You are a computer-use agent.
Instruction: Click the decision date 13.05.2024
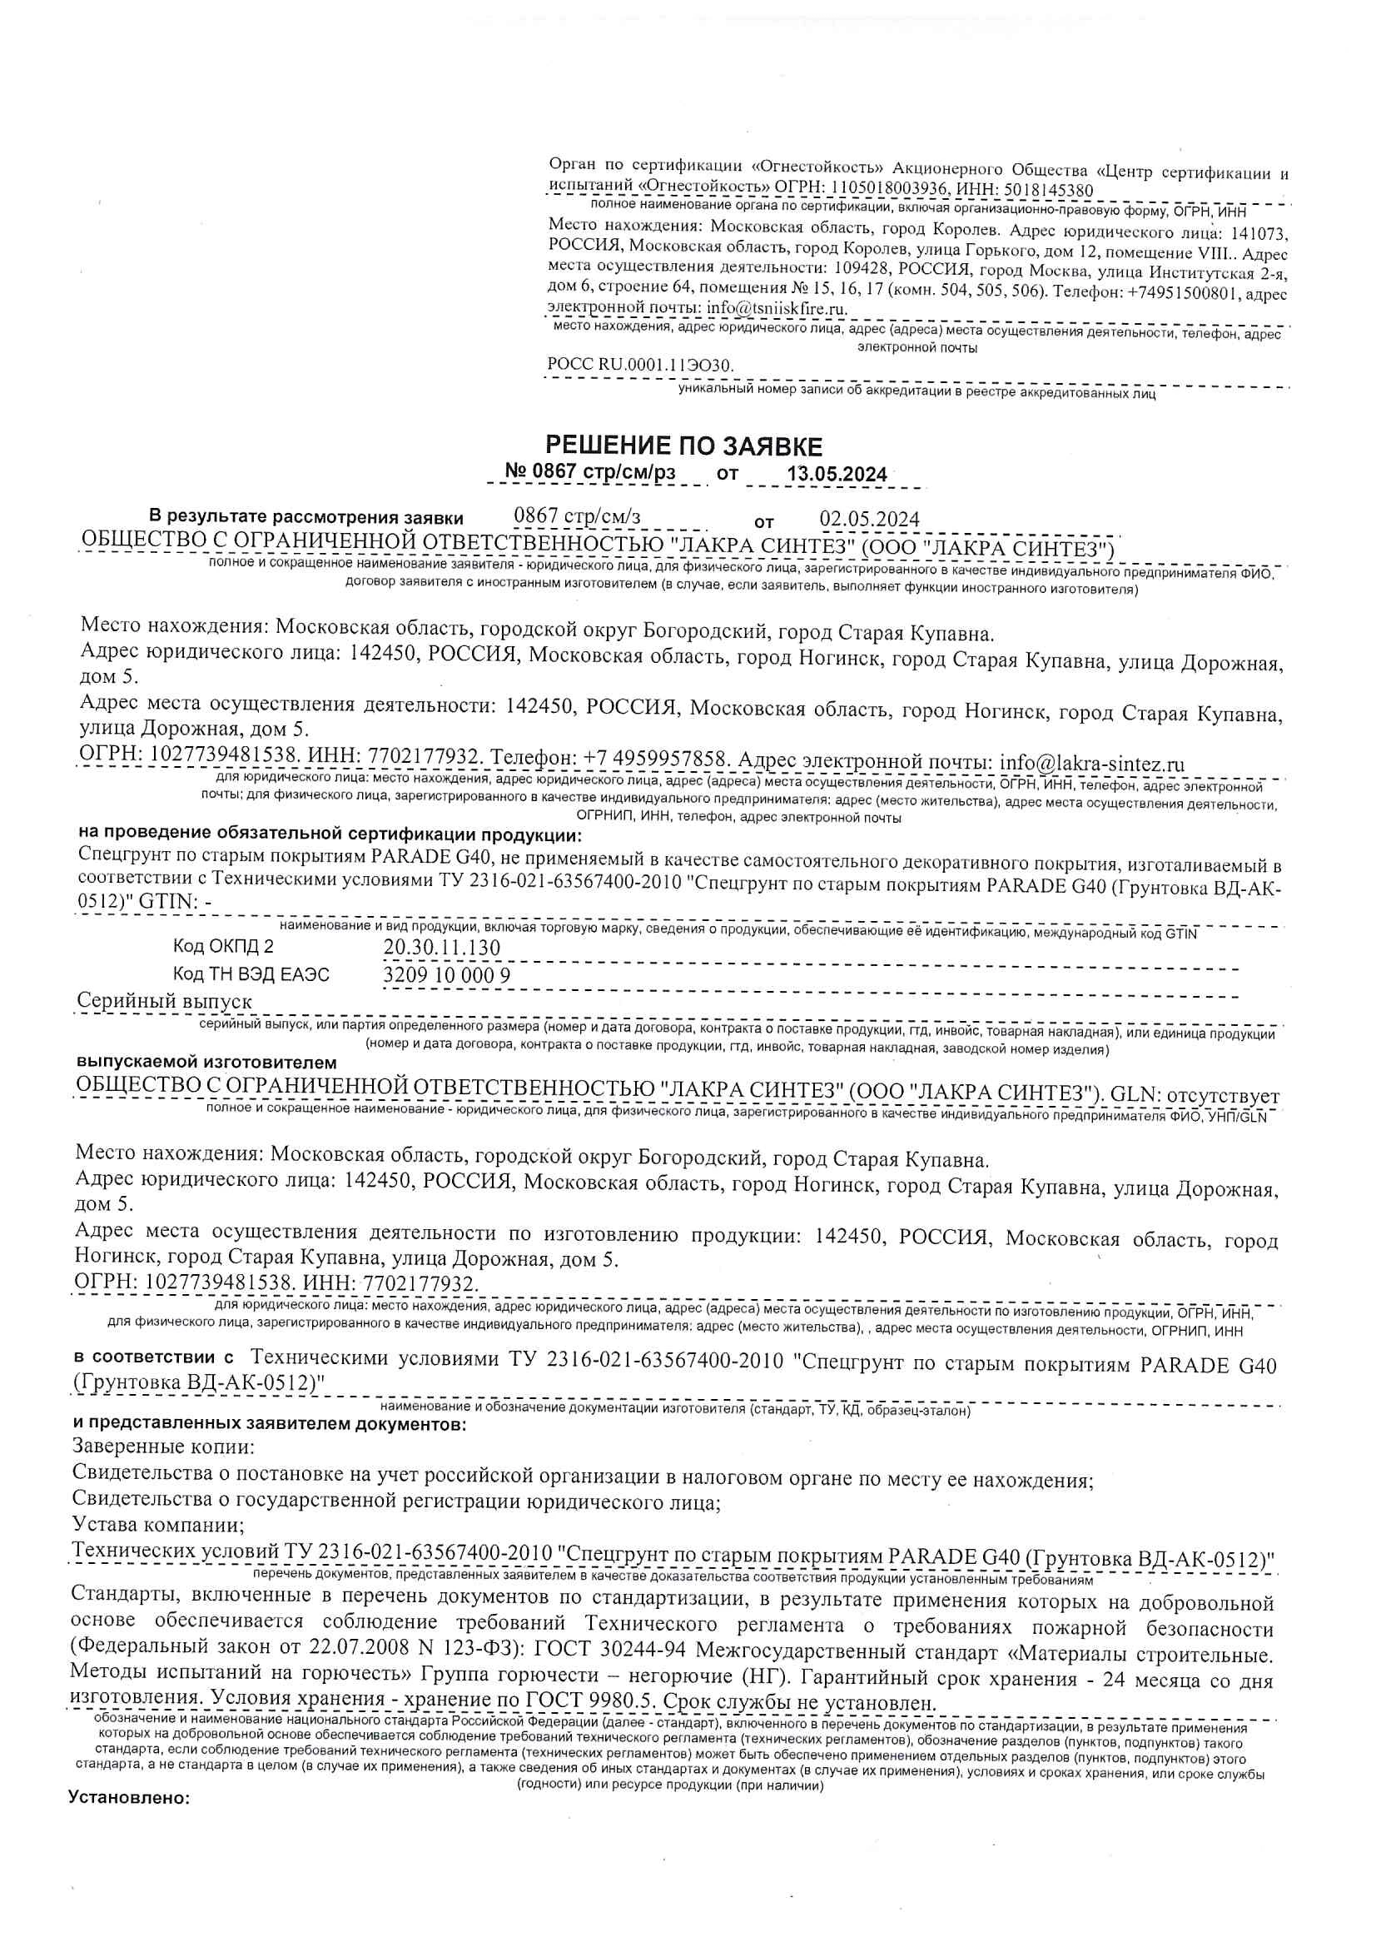837,474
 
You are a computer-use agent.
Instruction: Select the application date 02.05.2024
869,518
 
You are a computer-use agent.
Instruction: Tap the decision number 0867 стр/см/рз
591,471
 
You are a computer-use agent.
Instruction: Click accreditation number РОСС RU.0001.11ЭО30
640,365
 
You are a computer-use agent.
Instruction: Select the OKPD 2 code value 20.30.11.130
442,946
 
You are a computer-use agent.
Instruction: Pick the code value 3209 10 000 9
447,974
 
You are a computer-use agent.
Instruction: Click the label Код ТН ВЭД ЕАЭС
251,974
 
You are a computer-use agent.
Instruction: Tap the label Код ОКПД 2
224,946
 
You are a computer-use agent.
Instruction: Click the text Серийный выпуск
165,1001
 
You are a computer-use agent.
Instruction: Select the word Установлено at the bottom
129,1797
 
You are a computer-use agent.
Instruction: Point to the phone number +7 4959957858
655,757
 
